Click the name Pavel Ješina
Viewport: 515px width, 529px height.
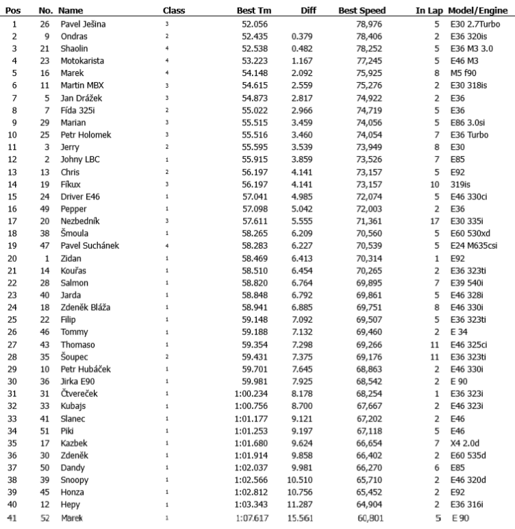(x=82, y=24)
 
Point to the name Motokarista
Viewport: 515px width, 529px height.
(x=82, y=60)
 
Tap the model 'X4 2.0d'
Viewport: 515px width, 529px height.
(x=466, y=444)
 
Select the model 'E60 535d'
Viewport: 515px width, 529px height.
(x=468, y=456)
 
